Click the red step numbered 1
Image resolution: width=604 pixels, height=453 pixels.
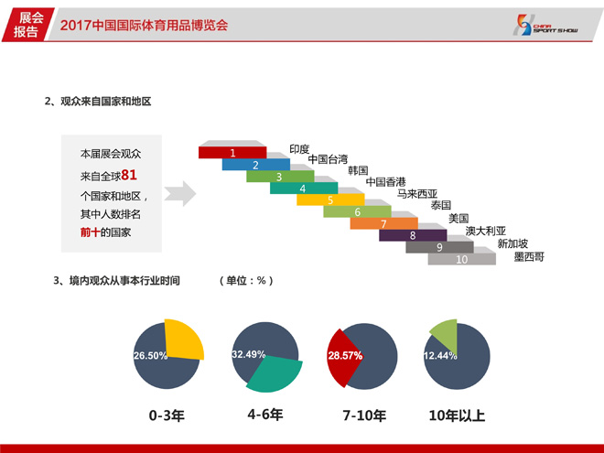[x=232, y=153]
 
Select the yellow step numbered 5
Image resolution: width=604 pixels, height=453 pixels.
[x=330, y=200]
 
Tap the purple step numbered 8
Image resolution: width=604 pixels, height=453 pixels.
[x=413, y=235]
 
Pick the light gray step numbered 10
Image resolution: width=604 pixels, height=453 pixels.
[x=461, y=259]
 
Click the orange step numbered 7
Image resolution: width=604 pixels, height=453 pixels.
[x=383, y=223]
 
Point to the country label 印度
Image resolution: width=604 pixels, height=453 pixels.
[x=299, y=149]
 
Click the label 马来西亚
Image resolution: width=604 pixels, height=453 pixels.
[x=417, y=193]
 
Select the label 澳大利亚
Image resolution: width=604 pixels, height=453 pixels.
[x=485, y=231]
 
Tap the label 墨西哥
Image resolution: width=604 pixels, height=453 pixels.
[x=529, y=256]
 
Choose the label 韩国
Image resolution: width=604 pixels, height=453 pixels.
[x=358, y=170]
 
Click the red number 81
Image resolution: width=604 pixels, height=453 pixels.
[x=129, y=175]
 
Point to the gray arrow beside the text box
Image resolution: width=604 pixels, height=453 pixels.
[x=180, y=193]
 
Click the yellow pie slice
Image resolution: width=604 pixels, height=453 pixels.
[x=183, y=339]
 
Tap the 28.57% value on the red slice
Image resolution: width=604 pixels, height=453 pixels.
[x=345, y=356]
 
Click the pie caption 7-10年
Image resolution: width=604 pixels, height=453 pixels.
[x=364, y=415]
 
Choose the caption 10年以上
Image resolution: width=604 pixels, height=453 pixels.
[x=457, y=415]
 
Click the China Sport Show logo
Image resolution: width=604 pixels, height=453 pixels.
[x=545, y=25]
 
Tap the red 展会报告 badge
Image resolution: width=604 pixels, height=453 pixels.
[x=27, y=25]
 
